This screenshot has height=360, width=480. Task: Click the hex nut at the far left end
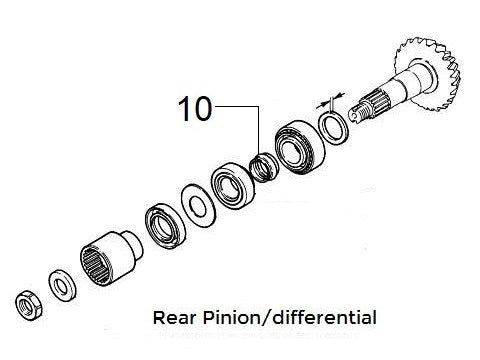pyautogui.click(x=28, y=300)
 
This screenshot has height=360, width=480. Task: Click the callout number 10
pyautogui.click(x=196, y=108)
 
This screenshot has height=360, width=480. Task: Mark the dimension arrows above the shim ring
pyautogui.click(x=323, y=102)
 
